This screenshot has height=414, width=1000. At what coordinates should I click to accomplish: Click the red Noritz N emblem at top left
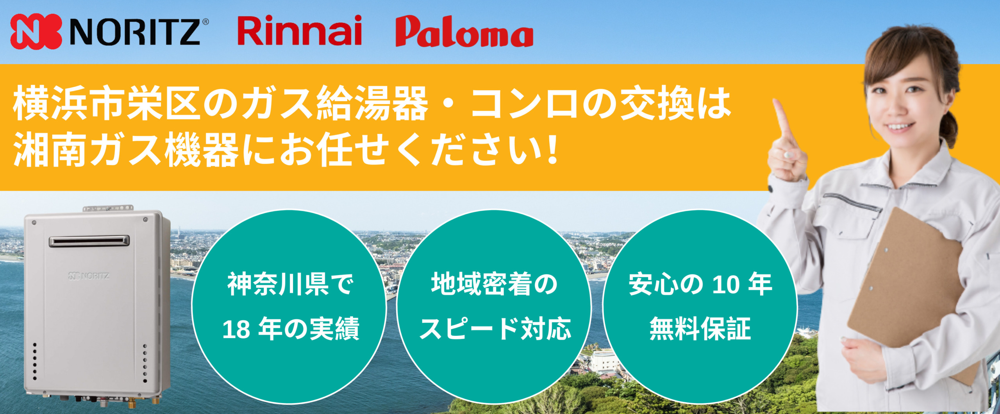(x=36, y=31)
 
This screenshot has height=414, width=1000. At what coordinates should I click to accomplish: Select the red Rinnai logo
(x=300, y=30)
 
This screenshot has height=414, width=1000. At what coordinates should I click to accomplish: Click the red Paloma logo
(x=464, y=32)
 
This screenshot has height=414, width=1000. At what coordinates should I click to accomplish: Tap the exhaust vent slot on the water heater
(x=89, y=241)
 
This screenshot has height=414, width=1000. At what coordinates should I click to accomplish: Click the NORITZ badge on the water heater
(x=89, y=276)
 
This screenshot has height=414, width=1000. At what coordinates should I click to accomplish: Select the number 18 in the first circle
(x=236, y=330)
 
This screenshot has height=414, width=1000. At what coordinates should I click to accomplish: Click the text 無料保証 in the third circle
(x=700, y=329)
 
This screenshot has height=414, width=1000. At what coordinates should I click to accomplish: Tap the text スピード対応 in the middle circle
(x=495, y=329)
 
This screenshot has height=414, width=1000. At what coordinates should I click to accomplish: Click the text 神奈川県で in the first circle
(x=291, y=284)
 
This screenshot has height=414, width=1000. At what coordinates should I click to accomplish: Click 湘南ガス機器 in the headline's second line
(x=126, y=150)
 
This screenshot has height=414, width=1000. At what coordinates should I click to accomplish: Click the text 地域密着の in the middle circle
(x=494, y=284)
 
